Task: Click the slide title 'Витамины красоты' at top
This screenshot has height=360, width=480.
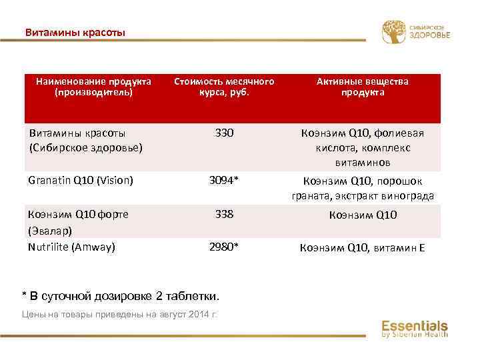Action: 75,32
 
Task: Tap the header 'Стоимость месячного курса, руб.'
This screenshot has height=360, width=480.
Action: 224,87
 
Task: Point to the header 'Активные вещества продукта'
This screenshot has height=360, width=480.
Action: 363,87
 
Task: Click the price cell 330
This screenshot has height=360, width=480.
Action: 224,133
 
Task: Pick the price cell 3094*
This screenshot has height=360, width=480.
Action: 224,180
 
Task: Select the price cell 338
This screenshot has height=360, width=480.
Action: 224,215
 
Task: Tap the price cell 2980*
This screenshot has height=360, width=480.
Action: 224,247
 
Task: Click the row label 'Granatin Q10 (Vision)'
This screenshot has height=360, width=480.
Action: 81,180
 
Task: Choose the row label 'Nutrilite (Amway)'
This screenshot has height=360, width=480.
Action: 71,247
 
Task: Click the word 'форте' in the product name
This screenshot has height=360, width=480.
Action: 113,215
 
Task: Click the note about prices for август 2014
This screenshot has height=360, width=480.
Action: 120,315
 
